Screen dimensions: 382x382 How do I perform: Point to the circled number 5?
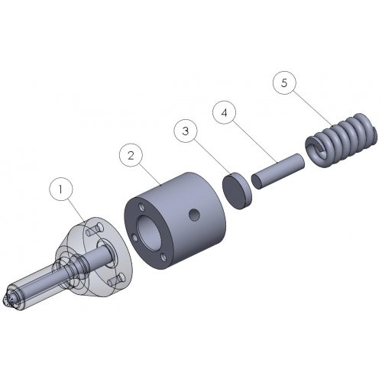click(x=283, y=83)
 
